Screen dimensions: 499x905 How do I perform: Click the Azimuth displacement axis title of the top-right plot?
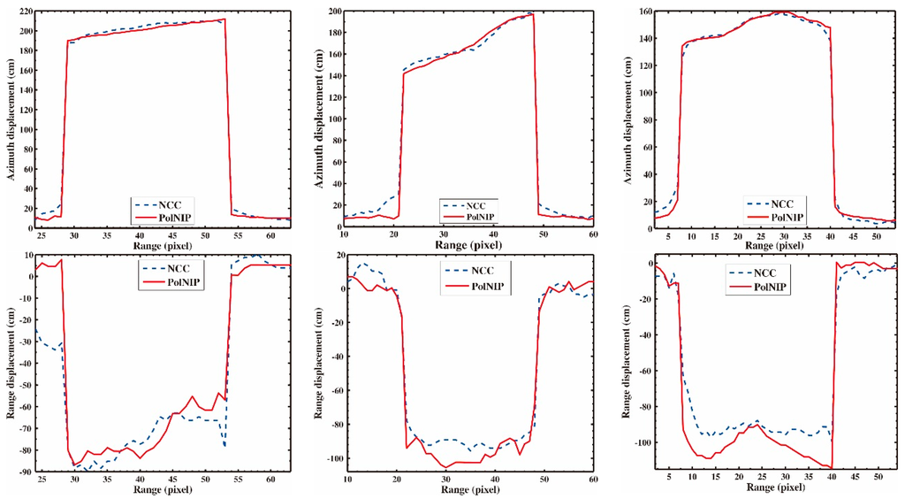coord(628,116)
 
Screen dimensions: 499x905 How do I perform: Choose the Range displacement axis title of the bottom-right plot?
coord(628,363)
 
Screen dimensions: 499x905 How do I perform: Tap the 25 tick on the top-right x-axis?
coord(762,234)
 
